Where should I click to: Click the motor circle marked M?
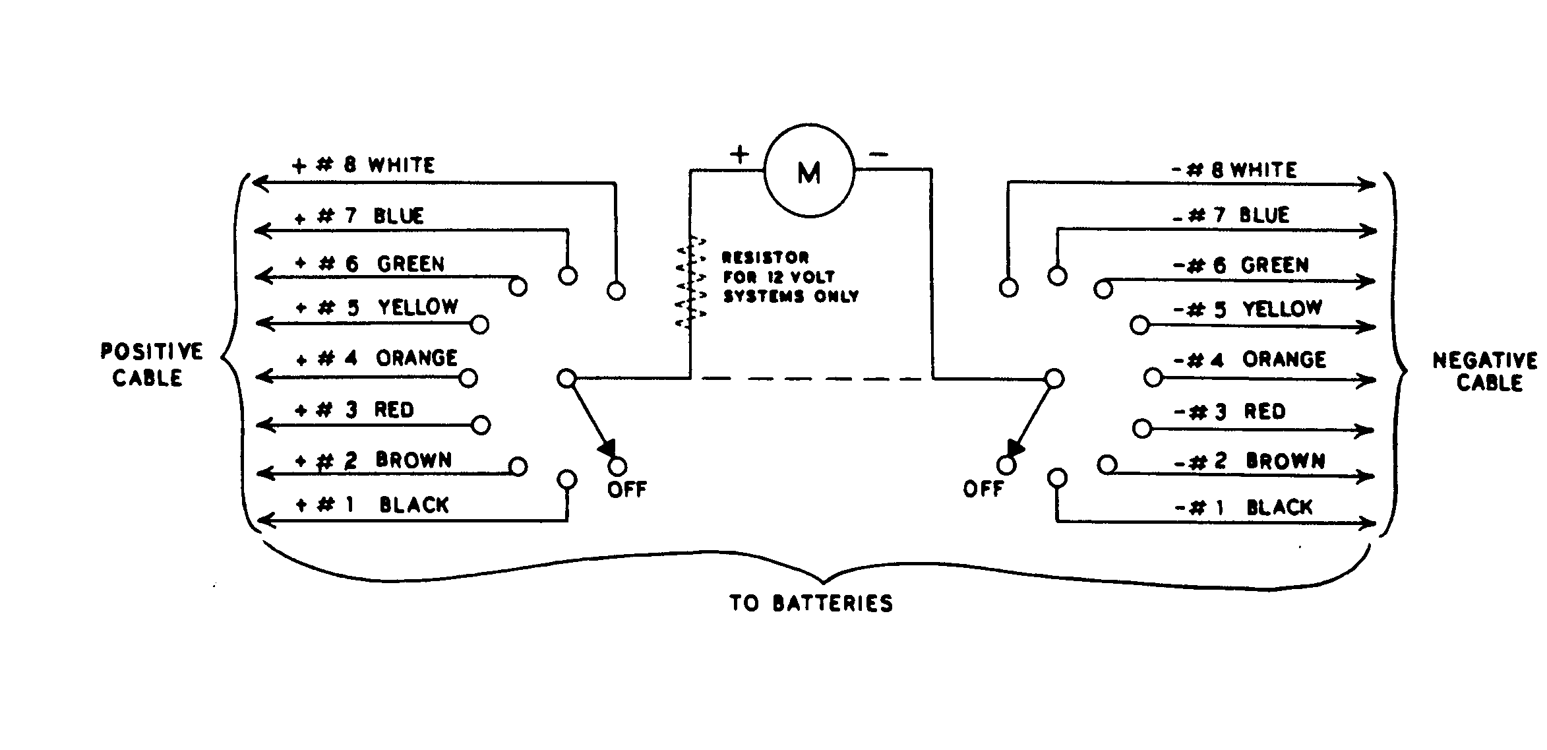pyautogui.click(x=809, y=172)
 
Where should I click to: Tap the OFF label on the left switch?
pyautogui.click(x=627, y=489)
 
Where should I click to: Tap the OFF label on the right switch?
pyautogui.click(x=983, y=489)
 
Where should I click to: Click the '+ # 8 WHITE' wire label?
pyautogui.click(x=363, y=165)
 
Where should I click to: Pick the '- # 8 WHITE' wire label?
pyautogui.click(x=1234, y=170)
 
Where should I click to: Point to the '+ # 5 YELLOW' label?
pyautogui.click(x=377, y=307)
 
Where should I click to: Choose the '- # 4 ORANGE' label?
pyautogui.click(x=1250, y=359)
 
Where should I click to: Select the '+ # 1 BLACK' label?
pyautogui.click(x=373, y=505)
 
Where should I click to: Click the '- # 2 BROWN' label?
pyautogui.click(x=1250, y=461)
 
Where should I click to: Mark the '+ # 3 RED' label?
pyautogui.click(x=355, y=410)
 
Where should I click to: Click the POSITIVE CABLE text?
pyautogui.click(x=150, y=364)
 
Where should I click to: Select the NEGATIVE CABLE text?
pyautogui.click(x=1484, y=371)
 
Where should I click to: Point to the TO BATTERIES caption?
pyautogui.click(x=811, y=603)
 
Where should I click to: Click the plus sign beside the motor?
pyautogui.click(x=739, y=154)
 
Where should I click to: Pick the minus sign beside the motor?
pyautogui.click(x=878, y=155)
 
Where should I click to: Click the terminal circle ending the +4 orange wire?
pyautogui.click(x=468, y=378)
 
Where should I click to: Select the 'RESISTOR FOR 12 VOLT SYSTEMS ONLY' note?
pyautogui.click(x=790, y=277)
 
